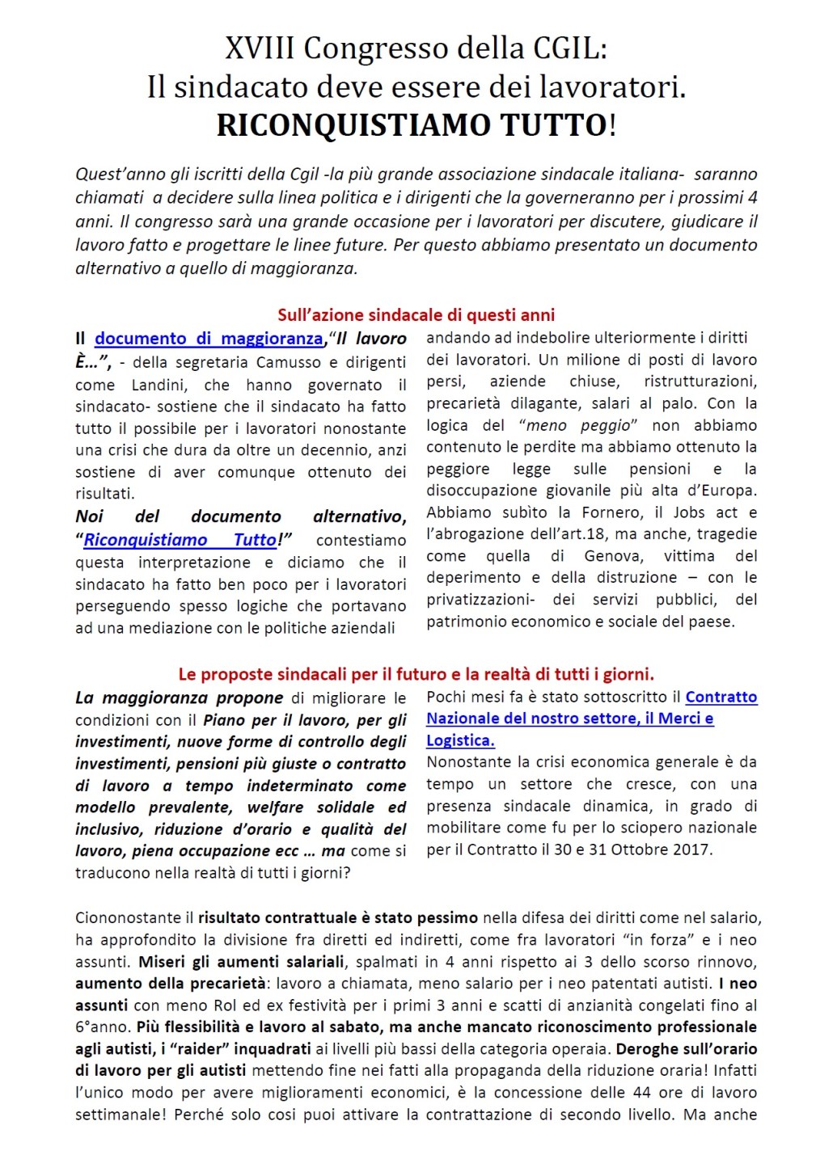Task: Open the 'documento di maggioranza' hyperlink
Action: click(x=209, y=339)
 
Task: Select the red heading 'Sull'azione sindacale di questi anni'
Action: click(x=416, y=314)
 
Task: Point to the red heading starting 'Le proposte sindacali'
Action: click(x=416, y=673)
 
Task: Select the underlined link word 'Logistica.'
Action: click(x=460, y=740)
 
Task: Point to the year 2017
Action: click(x=692, y=849)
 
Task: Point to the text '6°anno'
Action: click(x=102, y=1026)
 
